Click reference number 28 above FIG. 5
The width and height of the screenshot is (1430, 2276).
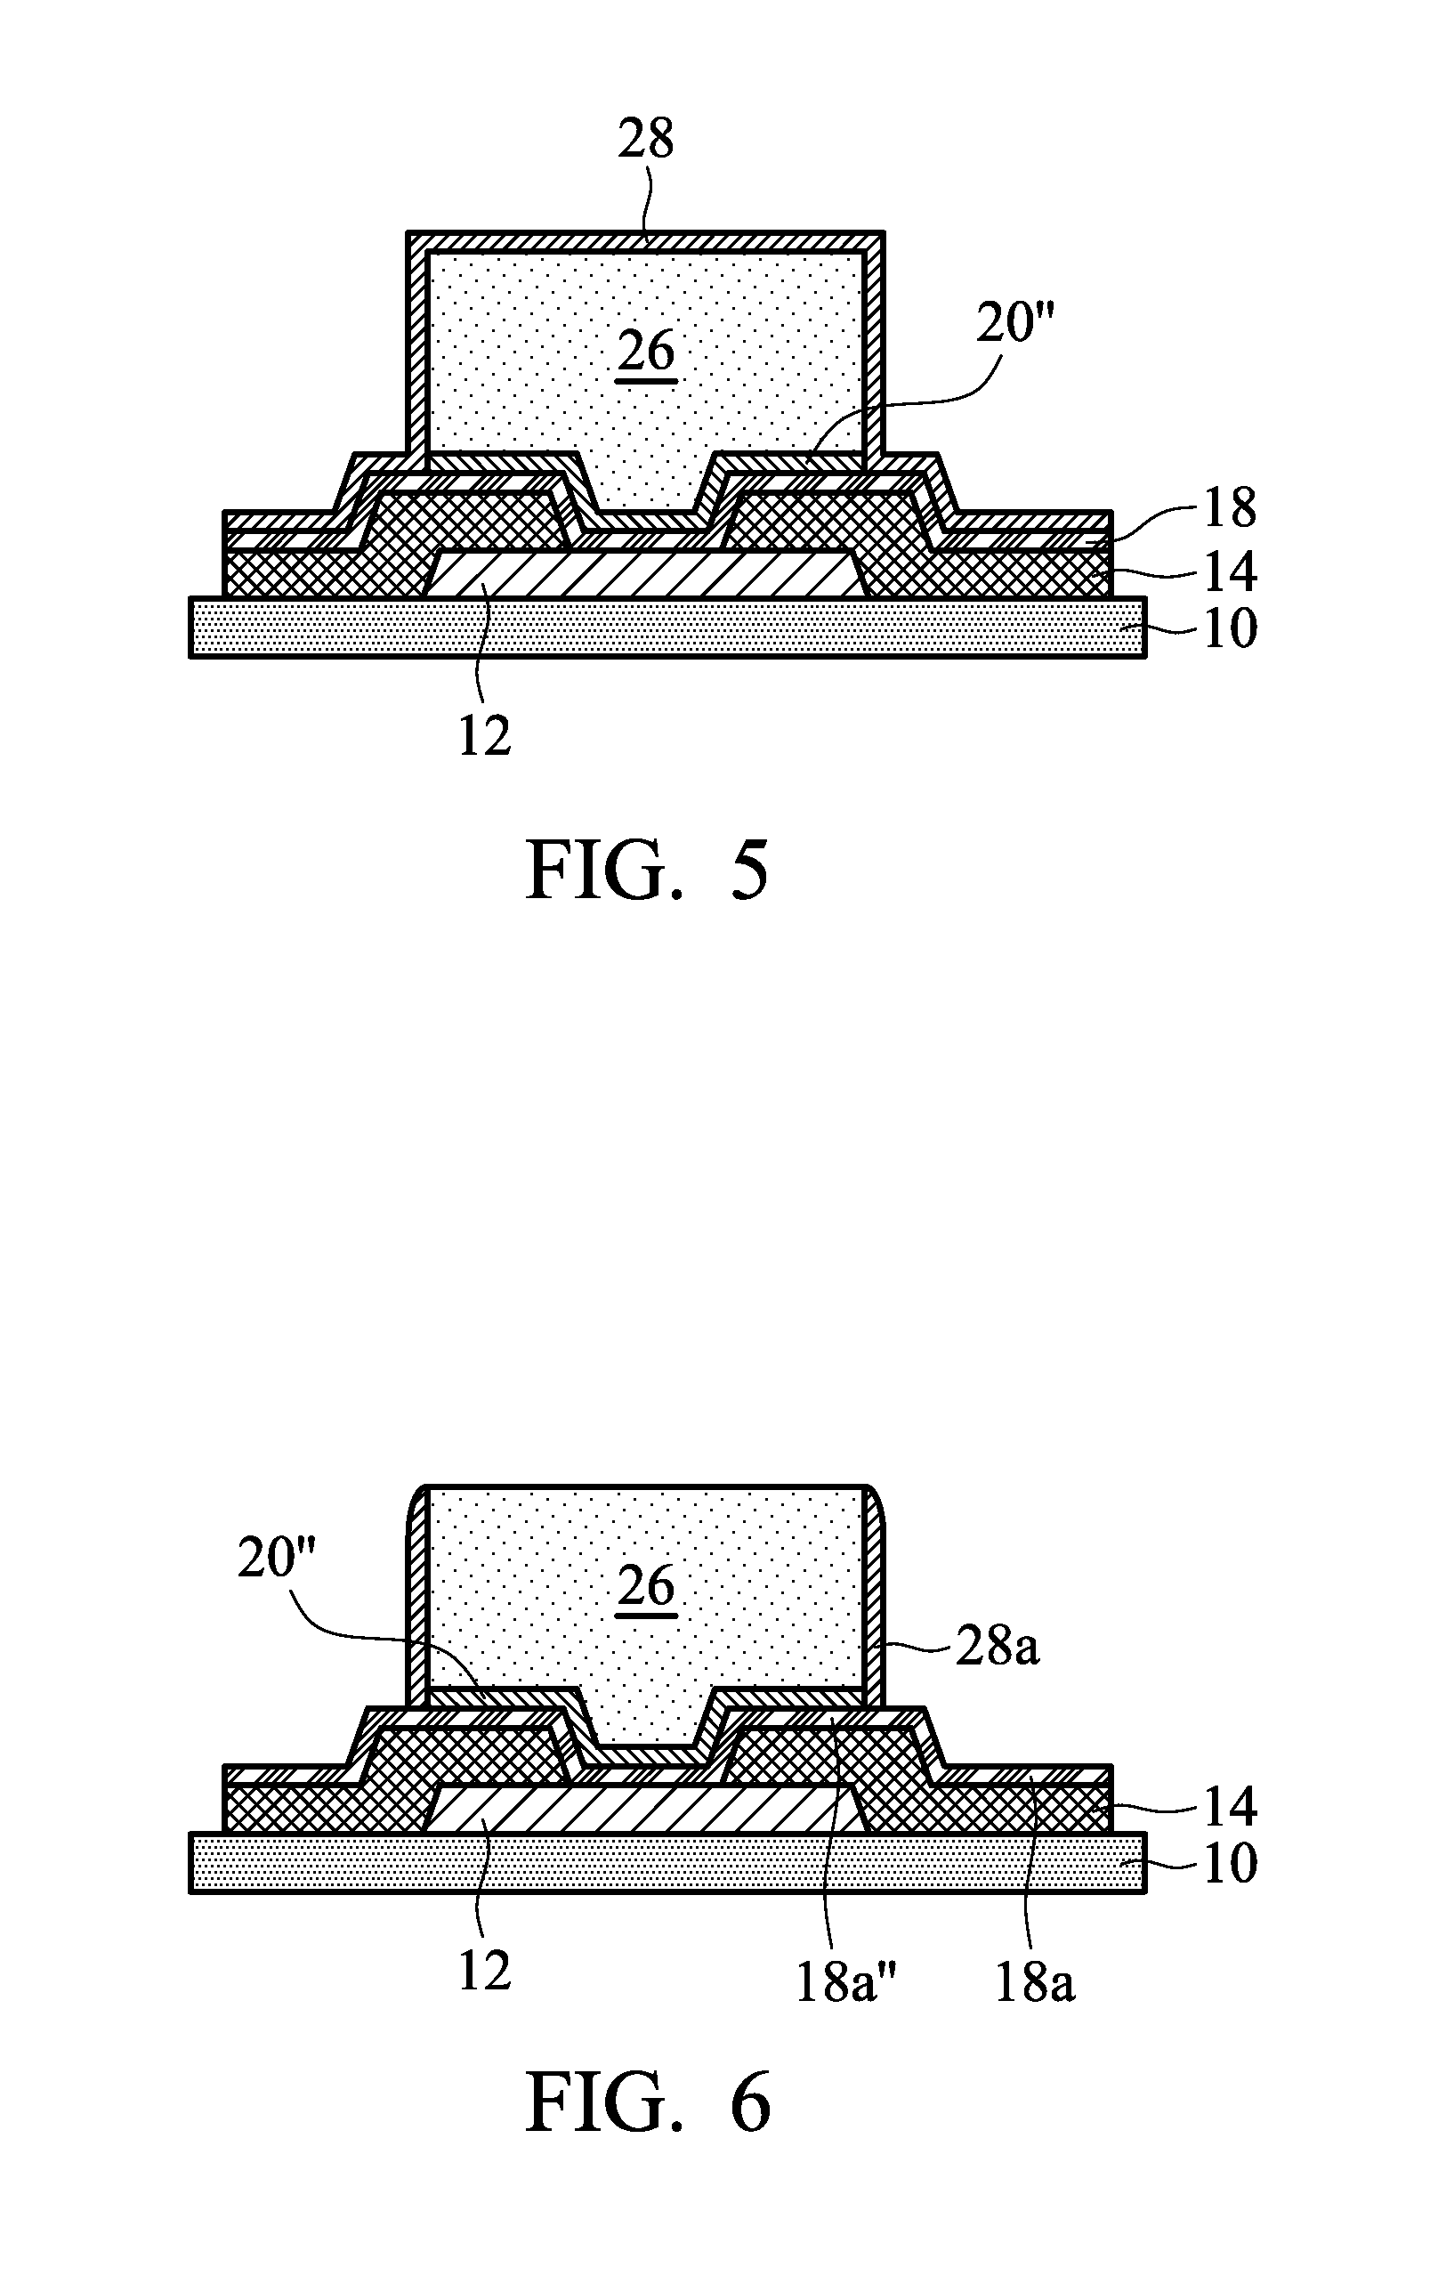click(645, 139)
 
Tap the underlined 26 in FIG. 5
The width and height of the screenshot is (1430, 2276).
click(646, 352)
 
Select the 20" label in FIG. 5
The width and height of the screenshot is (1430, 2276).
click(1014, 325)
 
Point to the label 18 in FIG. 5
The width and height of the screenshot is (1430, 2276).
click(1229, 508)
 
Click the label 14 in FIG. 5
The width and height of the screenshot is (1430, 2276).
click(1229, 571)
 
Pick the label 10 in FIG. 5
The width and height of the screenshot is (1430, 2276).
click(1229, 628)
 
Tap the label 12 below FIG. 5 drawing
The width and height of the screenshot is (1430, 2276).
click(484, 735)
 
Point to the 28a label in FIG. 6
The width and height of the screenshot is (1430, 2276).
click(998, 1648)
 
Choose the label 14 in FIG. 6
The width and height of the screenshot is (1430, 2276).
click(1229, 1806)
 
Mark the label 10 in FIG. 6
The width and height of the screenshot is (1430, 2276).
click(1229, 1863)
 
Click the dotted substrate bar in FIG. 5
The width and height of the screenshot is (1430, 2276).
click(667, 627)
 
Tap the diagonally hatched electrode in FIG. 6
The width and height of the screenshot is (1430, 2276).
click(642, 1808)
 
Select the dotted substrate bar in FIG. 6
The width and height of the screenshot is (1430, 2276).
click(667, 1862)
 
